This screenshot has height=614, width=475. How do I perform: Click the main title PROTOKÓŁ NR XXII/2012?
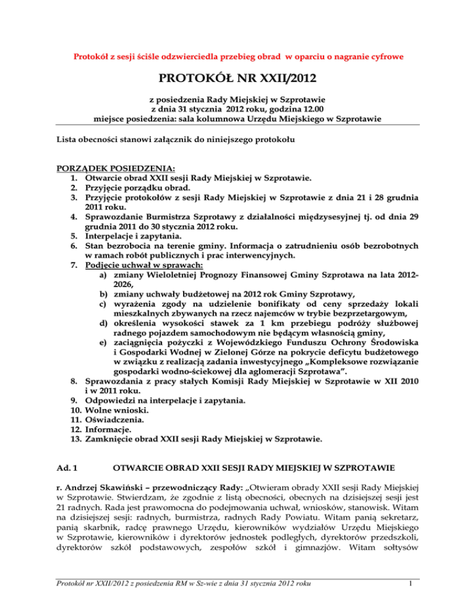point(237,80)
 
